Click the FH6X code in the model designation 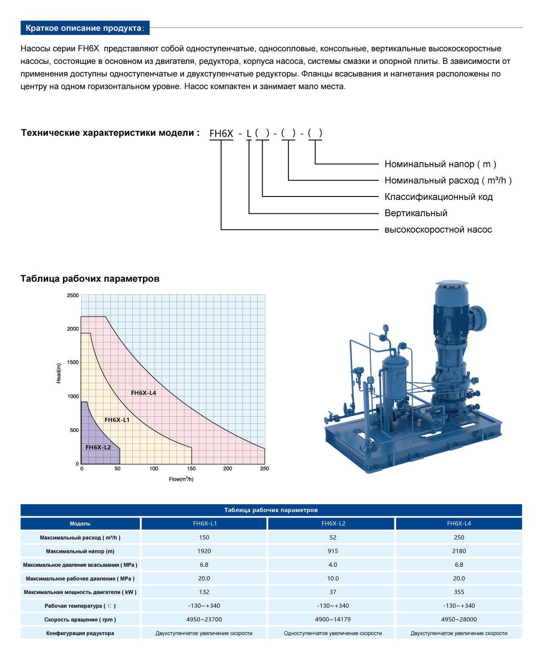tap(221, 134)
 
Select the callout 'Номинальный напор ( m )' tap(440, 164)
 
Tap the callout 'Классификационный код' tap(438, 197)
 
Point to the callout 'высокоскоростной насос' tap(438, 230)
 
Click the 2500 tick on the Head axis tap(73, 295)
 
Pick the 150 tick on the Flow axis tap(191, 469)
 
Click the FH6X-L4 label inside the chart tap(143, 393)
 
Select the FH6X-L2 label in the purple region tap(98, 447)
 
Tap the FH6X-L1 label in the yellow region tap(117, 420)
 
